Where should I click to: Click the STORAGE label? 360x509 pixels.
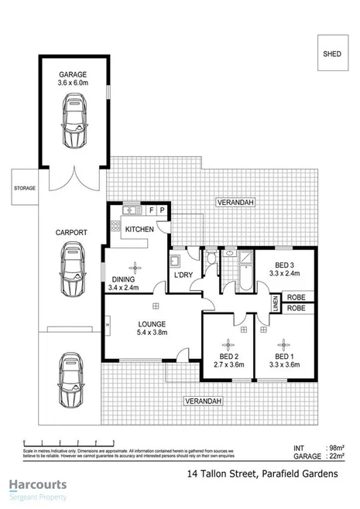pyautogui.click(x=25, y=188)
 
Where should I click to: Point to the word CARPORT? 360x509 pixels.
pyautogui.click(x=70, y=231)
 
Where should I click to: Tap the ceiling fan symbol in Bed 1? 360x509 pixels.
pyautogui.click(x=285, y=343)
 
